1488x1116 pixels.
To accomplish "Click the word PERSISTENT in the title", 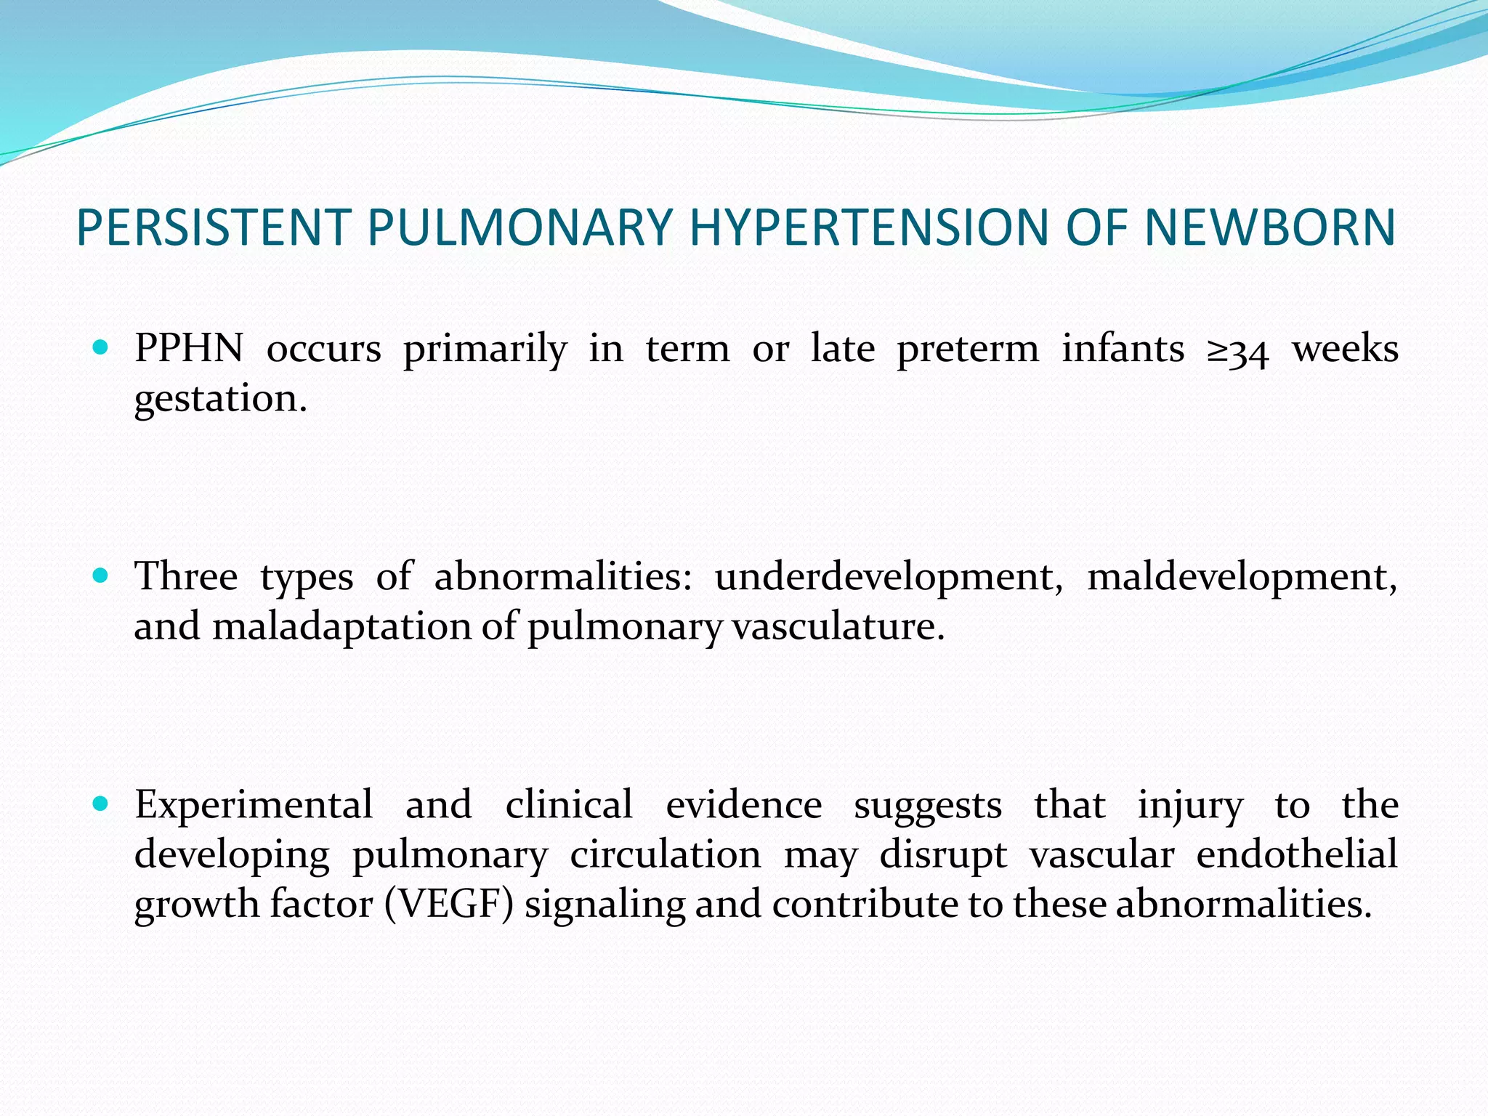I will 214,227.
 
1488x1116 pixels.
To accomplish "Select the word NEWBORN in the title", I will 1269,227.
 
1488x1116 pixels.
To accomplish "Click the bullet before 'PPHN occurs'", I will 101,348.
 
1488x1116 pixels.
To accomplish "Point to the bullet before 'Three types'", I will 101,576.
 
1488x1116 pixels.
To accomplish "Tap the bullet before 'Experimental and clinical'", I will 101,804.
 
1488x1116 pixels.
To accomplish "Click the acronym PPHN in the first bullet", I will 189,348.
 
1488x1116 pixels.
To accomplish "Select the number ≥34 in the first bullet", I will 1238,351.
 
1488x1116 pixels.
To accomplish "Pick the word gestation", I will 221,399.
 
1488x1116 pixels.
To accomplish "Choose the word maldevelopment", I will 1242,578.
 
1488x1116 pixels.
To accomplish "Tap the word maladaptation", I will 342,626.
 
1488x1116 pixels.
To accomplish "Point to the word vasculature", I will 838,626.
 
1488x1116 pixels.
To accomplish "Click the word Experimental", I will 254,805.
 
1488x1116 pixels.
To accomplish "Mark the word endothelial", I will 1297,854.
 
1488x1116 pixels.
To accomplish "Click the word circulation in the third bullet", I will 665,854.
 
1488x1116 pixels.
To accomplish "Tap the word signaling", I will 604,906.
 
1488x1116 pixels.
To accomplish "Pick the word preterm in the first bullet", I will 968,349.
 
